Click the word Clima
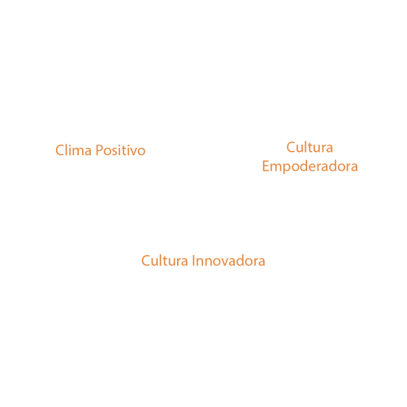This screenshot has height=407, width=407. pos(73,150)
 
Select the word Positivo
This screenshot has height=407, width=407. pos(120,150)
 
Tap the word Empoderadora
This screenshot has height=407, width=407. pos(310,167)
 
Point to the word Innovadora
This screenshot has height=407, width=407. pos(228,261)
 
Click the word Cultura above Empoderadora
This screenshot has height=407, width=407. pos(310,148)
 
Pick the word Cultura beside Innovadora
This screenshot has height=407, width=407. pos(165,261)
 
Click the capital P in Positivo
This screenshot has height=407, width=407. pos(99,150)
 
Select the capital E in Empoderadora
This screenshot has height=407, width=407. pos(266,167)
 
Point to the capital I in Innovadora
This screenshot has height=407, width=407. pos(193,261)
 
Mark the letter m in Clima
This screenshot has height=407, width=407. pos(78,152)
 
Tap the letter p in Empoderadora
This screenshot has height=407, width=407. pos(288,168)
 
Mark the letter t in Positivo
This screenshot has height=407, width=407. pos(126,152)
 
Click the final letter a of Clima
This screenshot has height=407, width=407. pos(89,152)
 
